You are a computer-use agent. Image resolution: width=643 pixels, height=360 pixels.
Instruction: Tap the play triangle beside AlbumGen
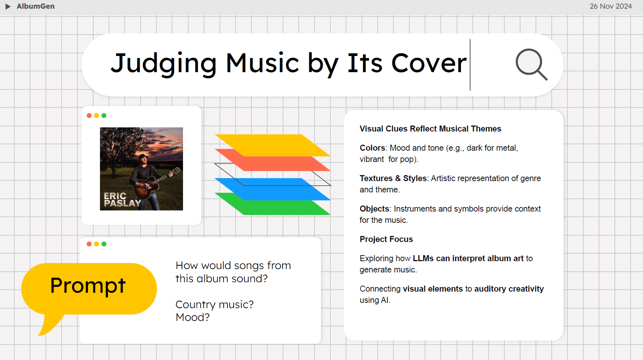point(8,6)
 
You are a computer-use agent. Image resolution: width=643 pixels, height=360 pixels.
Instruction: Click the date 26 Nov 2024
point(610,6)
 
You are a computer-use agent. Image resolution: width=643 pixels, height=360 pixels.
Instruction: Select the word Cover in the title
point(429,63)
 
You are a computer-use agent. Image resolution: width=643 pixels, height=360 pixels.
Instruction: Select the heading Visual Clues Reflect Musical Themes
point(430,129)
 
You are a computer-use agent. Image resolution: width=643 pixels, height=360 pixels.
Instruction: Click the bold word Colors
point(372,148)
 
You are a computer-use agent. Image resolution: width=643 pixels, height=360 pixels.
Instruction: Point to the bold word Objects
point(374,209)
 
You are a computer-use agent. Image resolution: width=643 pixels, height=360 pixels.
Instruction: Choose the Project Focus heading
point(386,239)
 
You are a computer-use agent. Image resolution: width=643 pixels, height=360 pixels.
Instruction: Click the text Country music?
point(215,304)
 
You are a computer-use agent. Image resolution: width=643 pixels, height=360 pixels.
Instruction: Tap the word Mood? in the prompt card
point(193,318)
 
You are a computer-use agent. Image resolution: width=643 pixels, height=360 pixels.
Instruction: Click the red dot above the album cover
point(89,116)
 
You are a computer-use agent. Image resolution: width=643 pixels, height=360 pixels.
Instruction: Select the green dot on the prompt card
point(104,244)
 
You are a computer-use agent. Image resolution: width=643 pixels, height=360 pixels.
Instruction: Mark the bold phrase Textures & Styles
point(393,178)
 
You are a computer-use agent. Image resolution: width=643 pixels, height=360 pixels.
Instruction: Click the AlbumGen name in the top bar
point(36,6)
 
